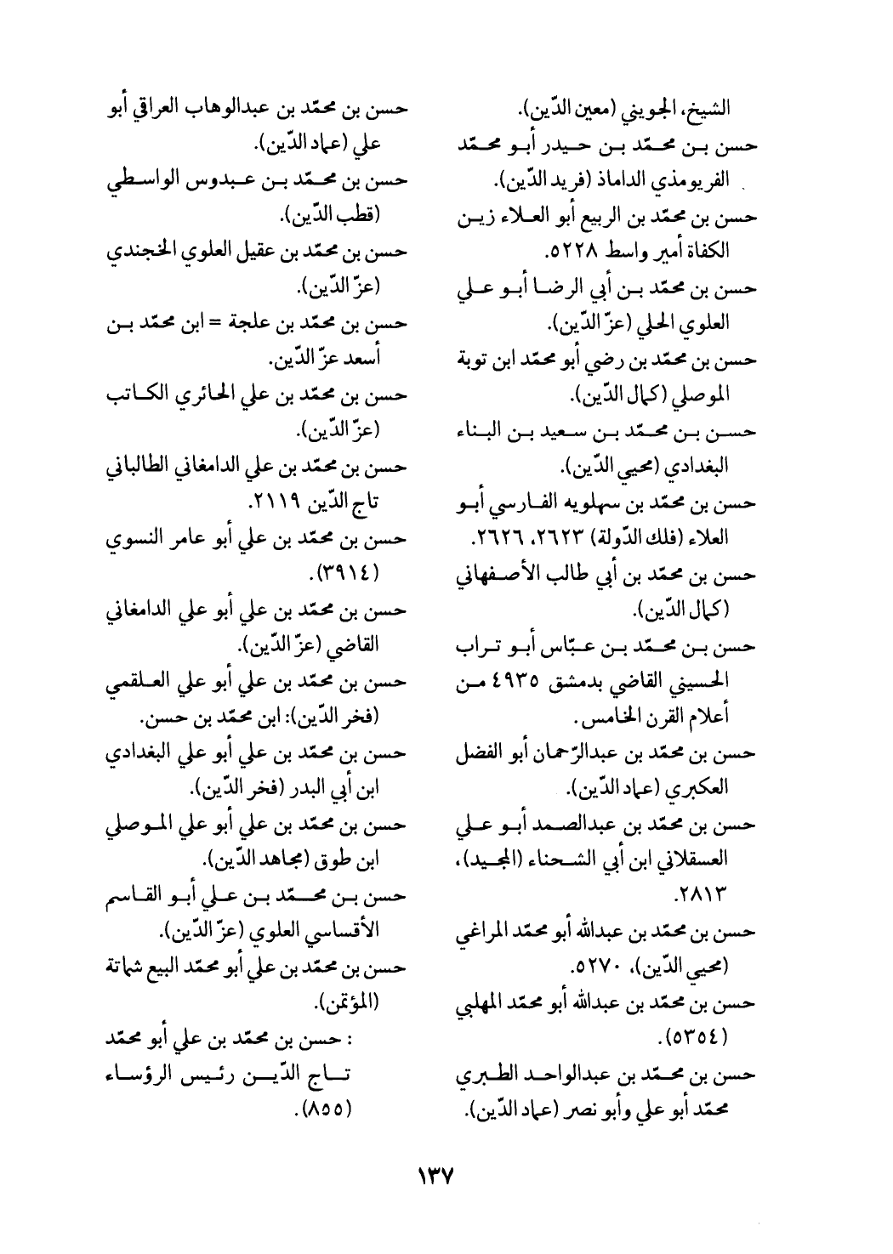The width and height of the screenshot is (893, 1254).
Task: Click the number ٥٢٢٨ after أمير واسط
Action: tap(576, 253)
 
